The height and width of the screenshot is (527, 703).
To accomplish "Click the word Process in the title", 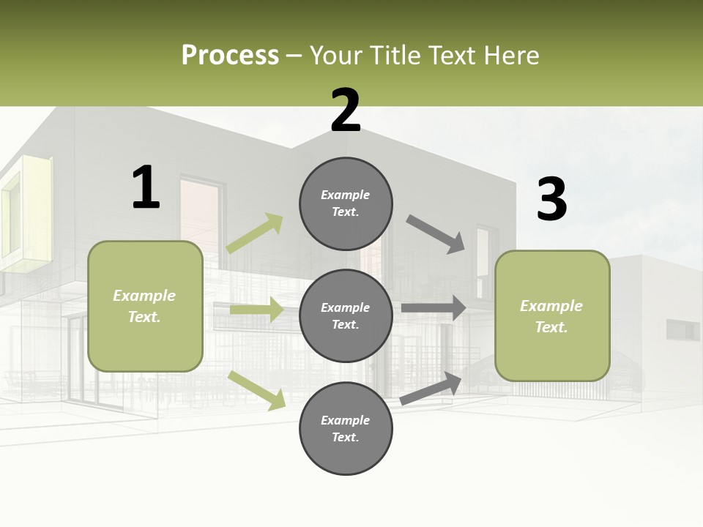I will (x=230, y=56).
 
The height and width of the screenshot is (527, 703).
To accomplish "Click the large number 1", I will (x=146, y=187).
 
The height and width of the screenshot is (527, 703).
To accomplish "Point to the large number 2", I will (x=346, y=111).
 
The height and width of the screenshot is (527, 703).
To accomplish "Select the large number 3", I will (x=551, y=199).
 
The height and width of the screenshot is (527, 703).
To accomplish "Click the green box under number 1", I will (x=145, y=306).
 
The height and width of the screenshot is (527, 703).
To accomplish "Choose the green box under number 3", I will (x=552, y=315).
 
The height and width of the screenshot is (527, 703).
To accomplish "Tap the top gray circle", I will (x=346, y=203).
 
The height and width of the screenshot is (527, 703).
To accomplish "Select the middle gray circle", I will (x=346, y=315).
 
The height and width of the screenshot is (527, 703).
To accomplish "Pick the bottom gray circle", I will (x=346, y=428).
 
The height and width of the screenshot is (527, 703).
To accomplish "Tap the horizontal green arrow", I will (x=256, y=310).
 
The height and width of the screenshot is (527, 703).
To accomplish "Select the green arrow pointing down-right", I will (x=257, y=390).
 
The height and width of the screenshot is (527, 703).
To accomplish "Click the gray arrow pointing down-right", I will (x=436, y=233).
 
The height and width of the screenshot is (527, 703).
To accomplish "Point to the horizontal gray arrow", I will (x=434, y=308).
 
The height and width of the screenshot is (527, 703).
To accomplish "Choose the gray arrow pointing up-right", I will (x=431, y=388).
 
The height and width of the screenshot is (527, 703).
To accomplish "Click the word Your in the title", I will (x=338, y=56).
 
